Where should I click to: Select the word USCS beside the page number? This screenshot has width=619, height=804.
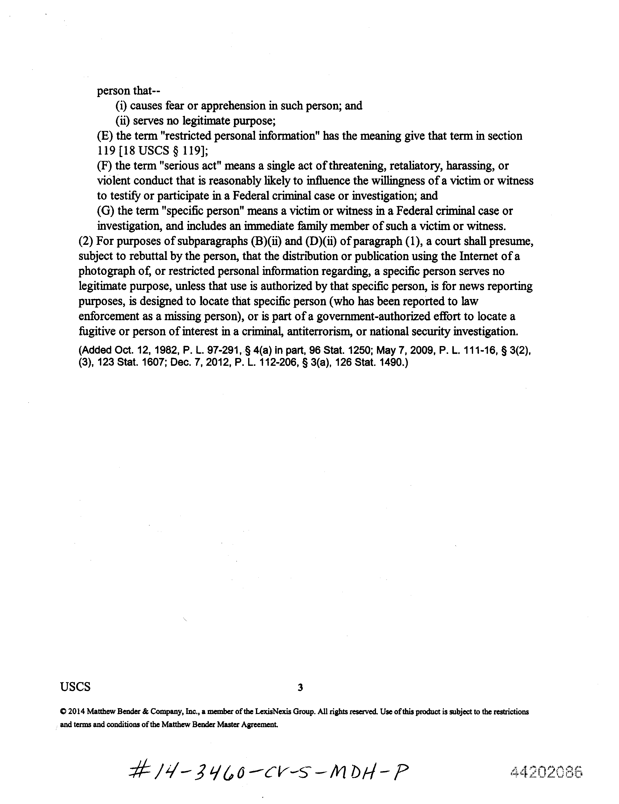(75, 686)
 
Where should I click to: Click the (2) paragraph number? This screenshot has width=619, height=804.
(86, 241)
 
